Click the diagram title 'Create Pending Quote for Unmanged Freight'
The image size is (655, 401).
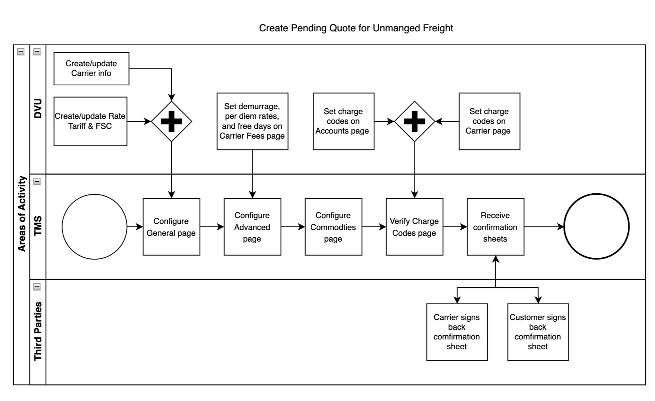pyautogui.click(x=356, y=28)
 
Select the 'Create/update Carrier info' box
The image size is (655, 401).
pyautogui.click(x=91, y=69)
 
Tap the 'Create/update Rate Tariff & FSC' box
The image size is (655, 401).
pyautogui.click(x=90, y=121)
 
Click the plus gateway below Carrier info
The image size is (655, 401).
pyautogui.click(x=171, y=121)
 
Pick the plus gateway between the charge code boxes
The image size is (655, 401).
pyautogui.click(x=415, y=121)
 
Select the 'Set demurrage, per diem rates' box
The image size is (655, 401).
pyautogui.click(x=252, y=121)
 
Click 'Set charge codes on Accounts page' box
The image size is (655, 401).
pyautogui.click(x=344, y=121)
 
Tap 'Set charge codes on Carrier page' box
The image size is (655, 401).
pyautogui.click(x=489, y=121)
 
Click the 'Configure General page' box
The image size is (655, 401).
pyautogui.click(x=171, y=227)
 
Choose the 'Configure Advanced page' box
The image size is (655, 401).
pyautogui.click(x=252, y=227)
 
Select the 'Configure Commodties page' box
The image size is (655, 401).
pyautogui.click(x=333, y=227)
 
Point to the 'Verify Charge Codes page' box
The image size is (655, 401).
pyautogui.click(x=415, y=227)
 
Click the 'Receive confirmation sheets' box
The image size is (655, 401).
pyautogui.click(x=496, y=227)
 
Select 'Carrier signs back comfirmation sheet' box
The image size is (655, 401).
pyautogui.click(x=457, y=332)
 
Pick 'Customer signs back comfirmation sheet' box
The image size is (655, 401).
pyautogui.click(x=538, y=332)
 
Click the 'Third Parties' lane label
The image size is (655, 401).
pyautogui.click(x=38, y=331)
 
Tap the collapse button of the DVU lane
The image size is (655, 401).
pyautogui.click(x=37, y=52)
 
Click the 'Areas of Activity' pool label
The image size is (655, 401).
pyautogui.click(x=22, y=214)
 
